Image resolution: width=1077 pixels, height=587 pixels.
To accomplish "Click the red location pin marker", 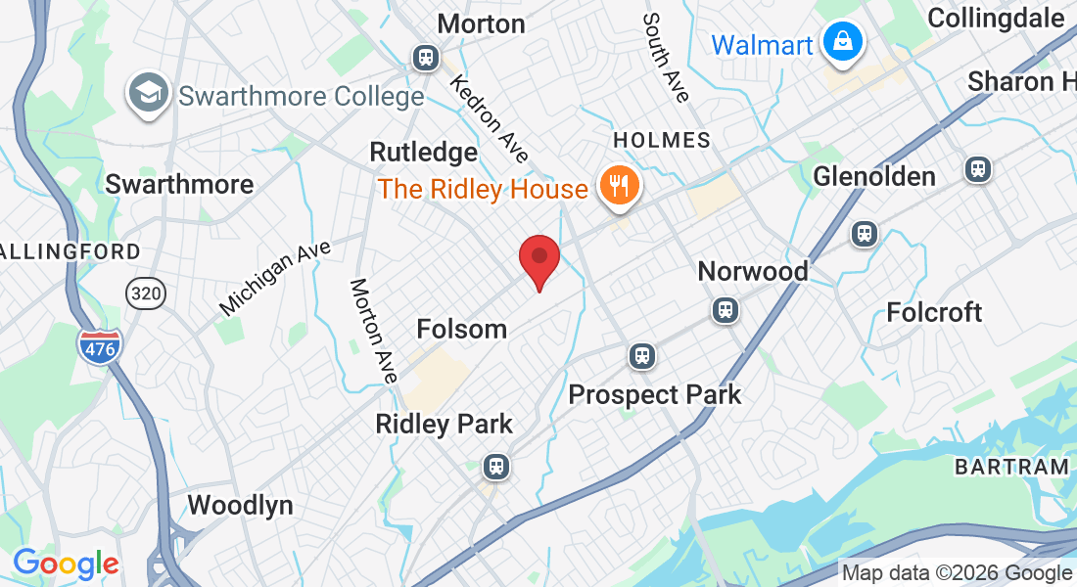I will [x=538, y=259].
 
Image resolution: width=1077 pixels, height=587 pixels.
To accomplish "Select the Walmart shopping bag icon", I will [x=841, y=42].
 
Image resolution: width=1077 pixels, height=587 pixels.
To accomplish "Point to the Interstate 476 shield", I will [x=100, y=346].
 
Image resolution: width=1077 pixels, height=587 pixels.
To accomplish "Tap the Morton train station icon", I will [x=426, y=58].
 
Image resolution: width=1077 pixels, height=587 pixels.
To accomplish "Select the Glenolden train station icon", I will [x=978, y=169].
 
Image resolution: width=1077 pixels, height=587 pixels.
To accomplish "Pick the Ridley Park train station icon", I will [x=497, y=466].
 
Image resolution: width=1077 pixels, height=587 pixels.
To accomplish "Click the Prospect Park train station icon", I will [x=642, y=355].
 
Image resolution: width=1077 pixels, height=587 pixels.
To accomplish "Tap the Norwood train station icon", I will [x=725, y=310].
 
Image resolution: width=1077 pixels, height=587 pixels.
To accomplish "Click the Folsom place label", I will [x=461, y=329].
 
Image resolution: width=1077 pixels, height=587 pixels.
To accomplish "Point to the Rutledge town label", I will [x=423, y=153].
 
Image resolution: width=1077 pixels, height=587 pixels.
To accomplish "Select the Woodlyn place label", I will [x=240, y=505].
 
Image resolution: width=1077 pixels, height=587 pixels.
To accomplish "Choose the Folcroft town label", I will [x=933, y=312].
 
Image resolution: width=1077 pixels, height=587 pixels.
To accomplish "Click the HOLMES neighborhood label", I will [x=661, y=140].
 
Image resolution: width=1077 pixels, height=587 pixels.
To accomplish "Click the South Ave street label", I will [x=667, y=58].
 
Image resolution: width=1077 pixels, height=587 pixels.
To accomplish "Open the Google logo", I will [x=66, y=564].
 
